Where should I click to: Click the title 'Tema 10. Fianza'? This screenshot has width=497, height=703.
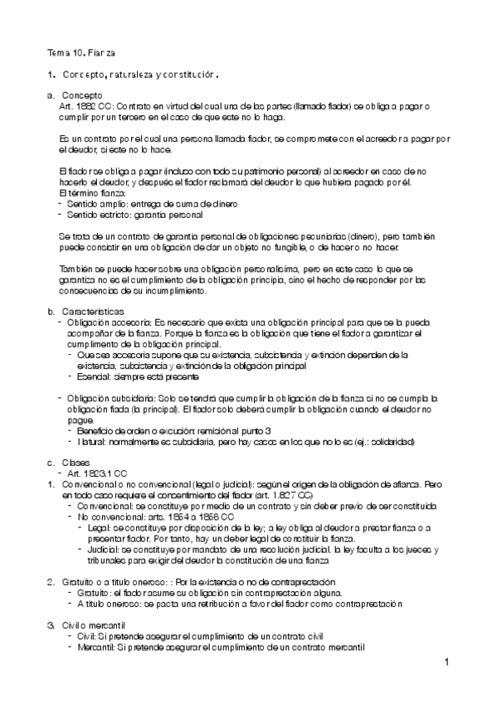pos(80,53)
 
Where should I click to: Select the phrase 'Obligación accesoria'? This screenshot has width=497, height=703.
pos(109,321)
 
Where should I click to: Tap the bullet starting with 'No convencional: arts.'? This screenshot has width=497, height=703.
pos(124,516)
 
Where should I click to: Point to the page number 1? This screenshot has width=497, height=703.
pos(446,662)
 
